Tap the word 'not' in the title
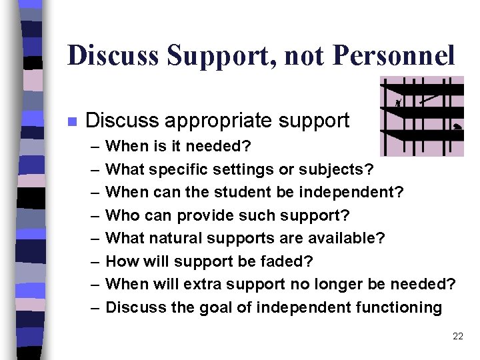tap(304, 56)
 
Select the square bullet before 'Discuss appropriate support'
tap(71, 121)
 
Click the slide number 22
tap(457, 337)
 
